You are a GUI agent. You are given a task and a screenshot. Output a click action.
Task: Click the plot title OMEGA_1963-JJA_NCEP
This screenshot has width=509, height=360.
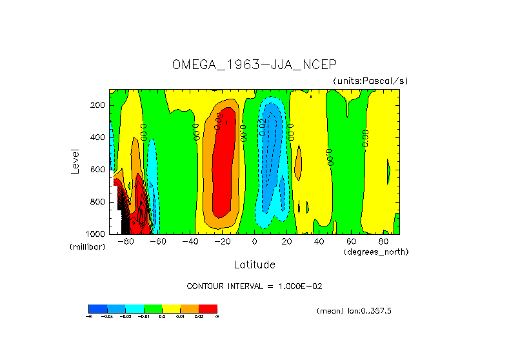pos(254,65)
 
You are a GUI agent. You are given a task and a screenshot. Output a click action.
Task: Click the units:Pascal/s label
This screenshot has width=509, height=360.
pos(370,81)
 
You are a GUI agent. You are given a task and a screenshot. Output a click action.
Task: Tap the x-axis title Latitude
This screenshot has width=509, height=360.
pos(254,265)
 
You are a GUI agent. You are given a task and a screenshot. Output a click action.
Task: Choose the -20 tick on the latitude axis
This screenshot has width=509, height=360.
pos(222,242)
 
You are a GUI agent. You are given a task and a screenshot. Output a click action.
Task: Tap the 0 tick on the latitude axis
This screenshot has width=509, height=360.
pos(254,242)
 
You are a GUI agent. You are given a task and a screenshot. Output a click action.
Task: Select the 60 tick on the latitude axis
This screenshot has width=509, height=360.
pos(351,242)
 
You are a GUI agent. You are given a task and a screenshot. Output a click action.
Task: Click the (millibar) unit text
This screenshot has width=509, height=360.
pos(87,247)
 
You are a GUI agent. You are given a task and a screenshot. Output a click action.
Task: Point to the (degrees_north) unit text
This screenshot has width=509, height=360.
pos(376,252)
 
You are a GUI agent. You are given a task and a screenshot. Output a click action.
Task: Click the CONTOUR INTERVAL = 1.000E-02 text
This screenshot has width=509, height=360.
pos(254,286)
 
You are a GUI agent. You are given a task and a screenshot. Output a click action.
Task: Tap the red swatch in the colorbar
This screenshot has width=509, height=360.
pos(208,308)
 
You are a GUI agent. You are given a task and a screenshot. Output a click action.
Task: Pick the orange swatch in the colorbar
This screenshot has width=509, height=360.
pos(190,308)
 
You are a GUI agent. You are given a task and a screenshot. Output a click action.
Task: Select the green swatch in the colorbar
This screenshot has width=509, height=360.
pos(153,308)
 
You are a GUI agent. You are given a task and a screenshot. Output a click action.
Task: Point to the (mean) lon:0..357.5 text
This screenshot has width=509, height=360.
pos(354,311)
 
